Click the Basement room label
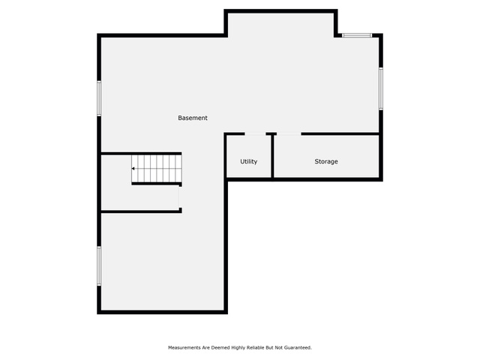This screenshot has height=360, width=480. pos(193,118)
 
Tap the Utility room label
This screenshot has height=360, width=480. pos(248,162)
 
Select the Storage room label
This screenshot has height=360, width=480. pos(326,162)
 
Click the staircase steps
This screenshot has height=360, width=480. pos(157,169)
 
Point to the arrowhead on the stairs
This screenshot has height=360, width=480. pos(133,169)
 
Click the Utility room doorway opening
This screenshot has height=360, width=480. pos(255,133)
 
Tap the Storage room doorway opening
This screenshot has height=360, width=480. pos(289,133)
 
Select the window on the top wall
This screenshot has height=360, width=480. pos(357,35)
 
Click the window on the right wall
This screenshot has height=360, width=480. pos(381,88)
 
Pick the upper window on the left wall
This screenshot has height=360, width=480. pos(99,98)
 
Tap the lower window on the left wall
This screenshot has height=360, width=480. pos(99,266)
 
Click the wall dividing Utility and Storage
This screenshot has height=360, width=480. pos(272,156)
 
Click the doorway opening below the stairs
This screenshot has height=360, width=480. pos(180,197)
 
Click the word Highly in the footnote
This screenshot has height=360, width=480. pos(238,348)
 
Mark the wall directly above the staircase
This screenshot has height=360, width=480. pos(141,153)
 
